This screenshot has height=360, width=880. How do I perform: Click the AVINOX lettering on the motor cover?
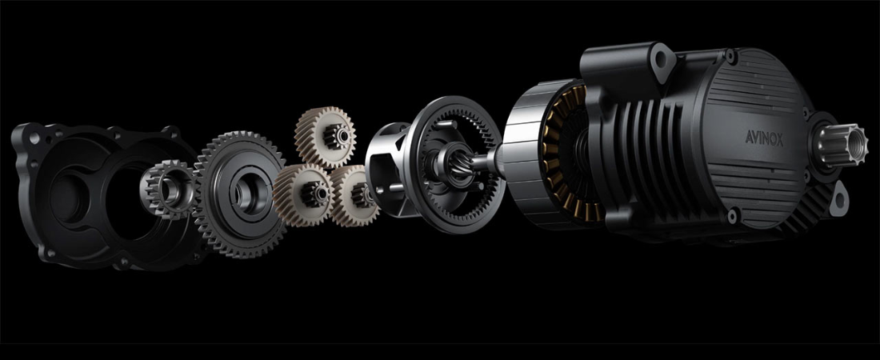click(764, 138)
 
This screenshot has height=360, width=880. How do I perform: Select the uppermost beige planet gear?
click(325, 138)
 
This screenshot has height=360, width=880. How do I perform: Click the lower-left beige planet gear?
click(304, 194)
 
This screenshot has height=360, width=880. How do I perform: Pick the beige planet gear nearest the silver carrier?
click(354, 195)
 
